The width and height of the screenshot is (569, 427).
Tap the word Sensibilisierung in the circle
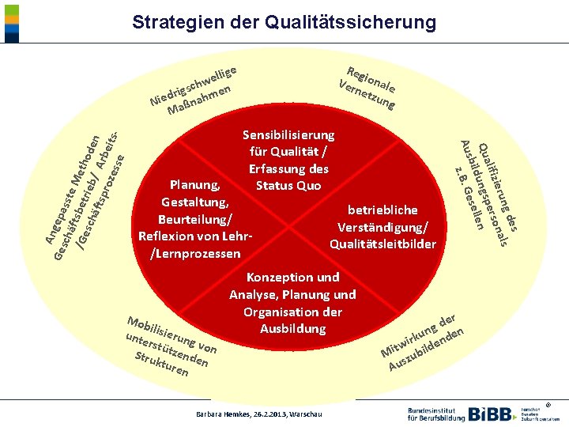click(288, 135)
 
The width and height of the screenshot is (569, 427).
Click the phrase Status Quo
click(288, 186)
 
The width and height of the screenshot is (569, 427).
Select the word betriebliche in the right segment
click(382, 210)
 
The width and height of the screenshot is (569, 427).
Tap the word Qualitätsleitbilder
click(382, 244)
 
